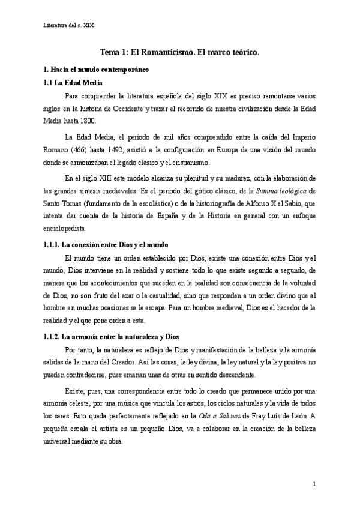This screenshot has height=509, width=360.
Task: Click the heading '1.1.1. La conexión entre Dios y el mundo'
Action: (106, 245)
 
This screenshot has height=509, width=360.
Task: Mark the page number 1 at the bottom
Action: (314, 484)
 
